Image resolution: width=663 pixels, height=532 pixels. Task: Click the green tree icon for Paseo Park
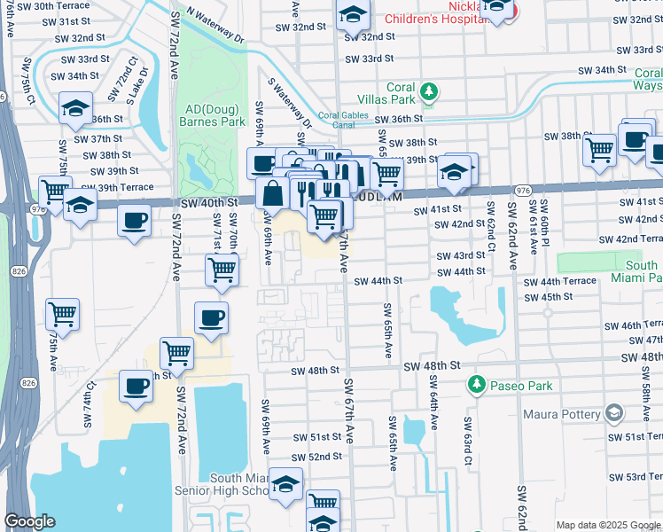pyautogui.click(x=477, y=385)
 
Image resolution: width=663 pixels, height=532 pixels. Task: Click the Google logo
pyautogui.click(x=29, y=520)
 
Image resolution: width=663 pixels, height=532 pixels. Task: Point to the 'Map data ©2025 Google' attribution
pyautogui.click(x=608, y=525)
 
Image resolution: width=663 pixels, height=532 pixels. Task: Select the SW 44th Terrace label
pyautogui.click(x=560, y=281)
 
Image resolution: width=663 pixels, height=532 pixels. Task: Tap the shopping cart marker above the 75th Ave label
pyautogui.click(x=62, y=313)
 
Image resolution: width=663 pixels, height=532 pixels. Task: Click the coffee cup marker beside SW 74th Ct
pyautogui.click(x=136, y=387)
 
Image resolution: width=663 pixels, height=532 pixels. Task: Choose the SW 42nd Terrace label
pyautogui.click(x=630, y=239)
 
